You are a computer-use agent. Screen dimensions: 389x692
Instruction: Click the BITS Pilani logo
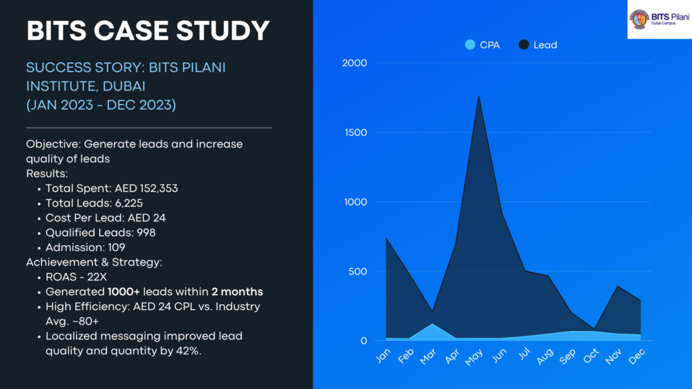pos(659,20)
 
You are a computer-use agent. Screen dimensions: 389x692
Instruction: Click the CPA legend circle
pos(470,45)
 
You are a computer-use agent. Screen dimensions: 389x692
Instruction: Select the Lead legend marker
pos(524,45)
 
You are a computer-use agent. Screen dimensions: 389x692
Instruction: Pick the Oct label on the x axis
pos(592,357)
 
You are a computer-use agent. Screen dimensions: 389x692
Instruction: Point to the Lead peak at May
pos(478,96)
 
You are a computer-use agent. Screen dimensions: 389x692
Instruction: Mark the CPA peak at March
pos(432,324)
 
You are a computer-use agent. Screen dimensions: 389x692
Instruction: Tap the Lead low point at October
pos(594,329)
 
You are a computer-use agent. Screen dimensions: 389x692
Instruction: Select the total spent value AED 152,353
pos(146,188)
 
